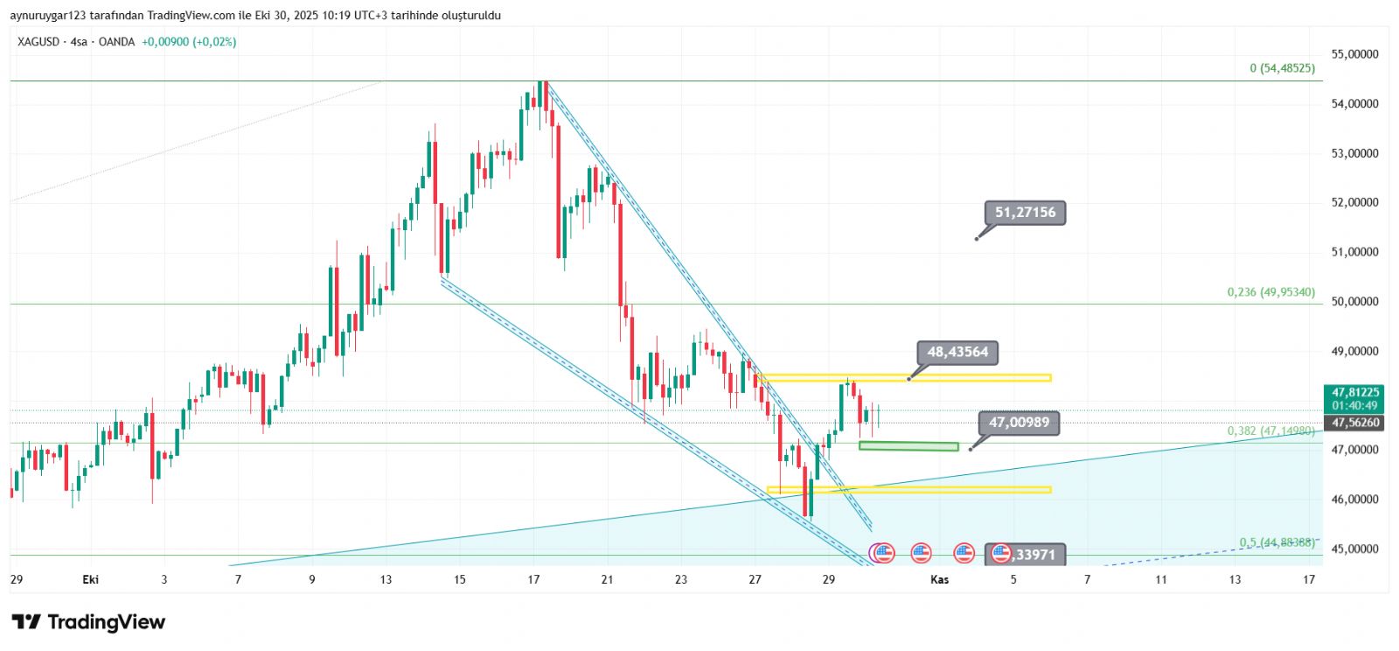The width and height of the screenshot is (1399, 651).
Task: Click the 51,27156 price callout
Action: (x=1025, y=213)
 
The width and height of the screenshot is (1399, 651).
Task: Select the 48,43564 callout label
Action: (x=957, y=353)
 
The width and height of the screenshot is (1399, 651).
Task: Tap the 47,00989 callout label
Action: (x=1019, y=423)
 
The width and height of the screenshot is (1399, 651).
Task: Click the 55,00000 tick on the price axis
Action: (x=1354, y=54)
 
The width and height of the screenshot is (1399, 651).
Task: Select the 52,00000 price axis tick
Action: (x=1354, y=202)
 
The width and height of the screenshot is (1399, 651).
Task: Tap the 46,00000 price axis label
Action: (x=1354, y=500)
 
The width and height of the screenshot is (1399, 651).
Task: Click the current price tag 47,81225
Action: (x=1355, y=393)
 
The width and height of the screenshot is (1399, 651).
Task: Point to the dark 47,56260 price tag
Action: (x=1355, y=423)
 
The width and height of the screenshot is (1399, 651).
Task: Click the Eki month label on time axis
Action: (x=90, y=579)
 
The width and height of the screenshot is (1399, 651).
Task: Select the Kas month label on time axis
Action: (x=939, y=579)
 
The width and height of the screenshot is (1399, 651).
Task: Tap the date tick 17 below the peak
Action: (x=533, y=579)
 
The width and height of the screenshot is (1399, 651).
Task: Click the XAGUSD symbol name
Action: (x=38, y=42)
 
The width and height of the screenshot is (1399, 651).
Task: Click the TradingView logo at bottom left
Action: (x=88, y=622)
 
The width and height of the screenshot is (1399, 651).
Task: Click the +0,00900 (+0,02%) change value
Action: (x=189, y=42)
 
